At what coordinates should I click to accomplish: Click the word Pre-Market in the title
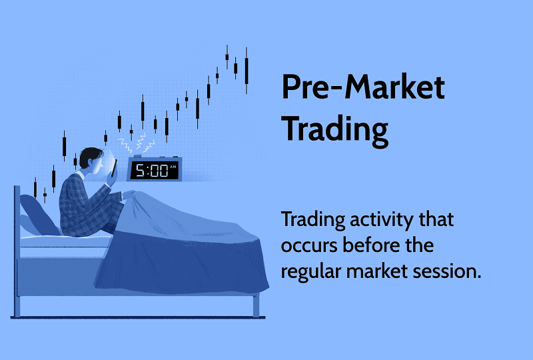[x=362, y=87]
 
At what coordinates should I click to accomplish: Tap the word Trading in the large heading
[x=334, y=129]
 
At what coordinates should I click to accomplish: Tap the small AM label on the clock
[x=173, y=166]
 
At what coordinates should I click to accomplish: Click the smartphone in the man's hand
[x=114, y=169]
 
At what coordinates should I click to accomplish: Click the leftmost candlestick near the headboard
[x=35, y=187]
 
